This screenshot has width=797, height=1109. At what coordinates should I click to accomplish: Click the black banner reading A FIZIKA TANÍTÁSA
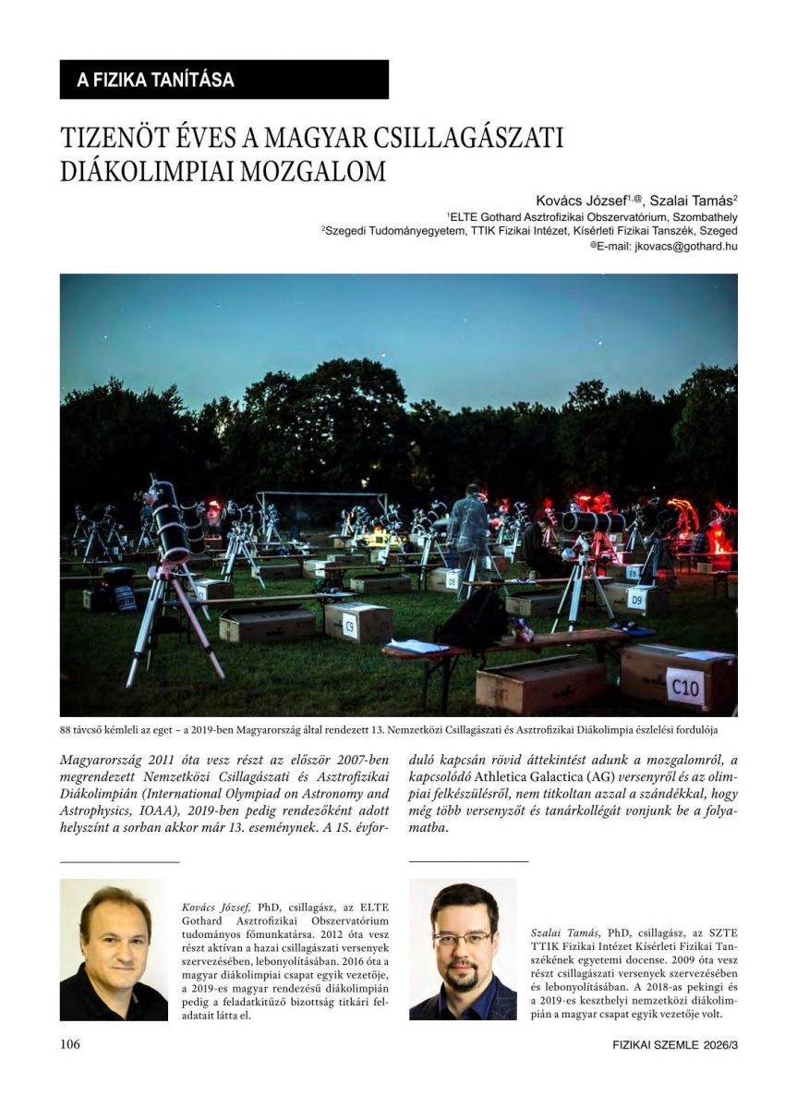223,79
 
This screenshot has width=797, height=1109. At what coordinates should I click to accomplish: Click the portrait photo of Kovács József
114,950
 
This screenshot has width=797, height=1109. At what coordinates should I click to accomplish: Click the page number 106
70,1045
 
